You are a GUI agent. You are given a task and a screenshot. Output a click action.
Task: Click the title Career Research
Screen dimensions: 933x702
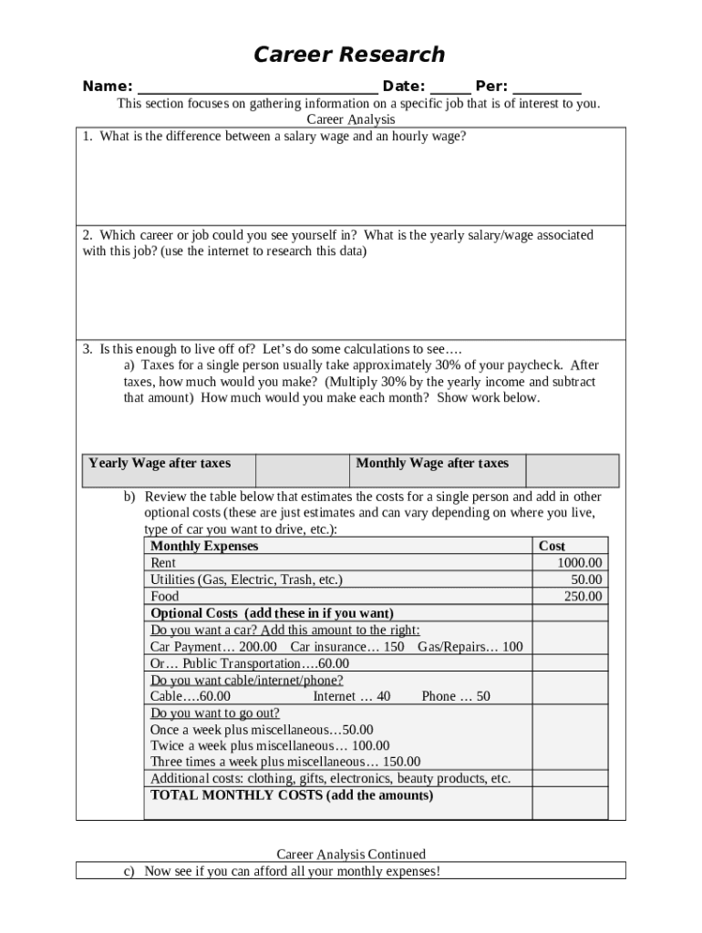[x=349, y=55]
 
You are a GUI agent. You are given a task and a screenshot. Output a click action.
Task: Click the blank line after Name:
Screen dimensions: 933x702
[x=257, y=87]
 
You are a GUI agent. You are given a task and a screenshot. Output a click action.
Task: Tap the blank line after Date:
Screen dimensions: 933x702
[x=450, y=87]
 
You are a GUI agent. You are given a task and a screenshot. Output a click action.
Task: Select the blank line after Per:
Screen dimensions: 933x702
[x=547, y=87]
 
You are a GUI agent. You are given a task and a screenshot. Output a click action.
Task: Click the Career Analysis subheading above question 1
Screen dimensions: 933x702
[x=350, y=119]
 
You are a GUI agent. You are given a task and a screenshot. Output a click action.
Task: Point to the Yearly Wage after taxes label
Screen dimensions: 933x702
[x=160, y=463]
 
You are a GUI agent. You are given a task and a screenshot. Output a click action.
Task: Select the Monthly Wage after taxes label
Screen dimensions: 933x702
[x=432, y=463]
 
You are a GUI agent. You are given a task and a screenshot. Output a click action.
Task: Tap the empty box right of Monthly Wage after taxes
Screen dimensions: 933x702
[x=572, y=470]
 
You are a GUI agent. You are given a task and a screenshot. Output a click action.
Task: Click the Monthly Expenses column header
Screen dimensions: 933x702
[x=204, y=546]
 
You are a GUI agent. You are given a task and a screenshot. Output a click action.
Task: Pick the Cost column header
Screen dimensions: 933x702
[x=552, y=546]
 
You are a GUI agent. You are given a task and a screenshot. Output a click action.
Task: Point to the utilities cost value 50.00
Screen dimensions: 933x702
[x=586, y=579]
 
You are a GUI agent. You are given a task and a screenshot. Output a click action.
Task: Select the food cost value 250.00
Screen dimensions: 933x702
[x=583, y=597]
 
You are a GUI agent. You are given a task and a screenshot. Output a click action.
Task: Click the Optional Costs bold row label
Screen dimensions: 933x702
[x=272, y=613]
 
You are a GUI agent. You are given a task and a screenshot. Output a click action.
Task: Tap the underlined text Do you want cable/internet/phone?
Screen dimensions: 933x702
[x=246, y=680]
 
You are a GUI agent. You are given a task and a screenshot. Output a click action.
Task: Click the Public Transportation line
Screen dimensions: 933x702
[x=249, y=663]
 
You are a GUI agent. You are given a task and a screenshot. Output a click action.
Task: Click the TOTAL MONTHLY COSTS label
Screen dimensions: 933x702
[x=292, y=795]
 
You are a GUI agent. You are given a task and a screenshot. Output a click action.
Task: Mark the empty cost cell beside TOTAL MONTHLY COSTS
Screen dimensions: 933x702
[x=570, y=803]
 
